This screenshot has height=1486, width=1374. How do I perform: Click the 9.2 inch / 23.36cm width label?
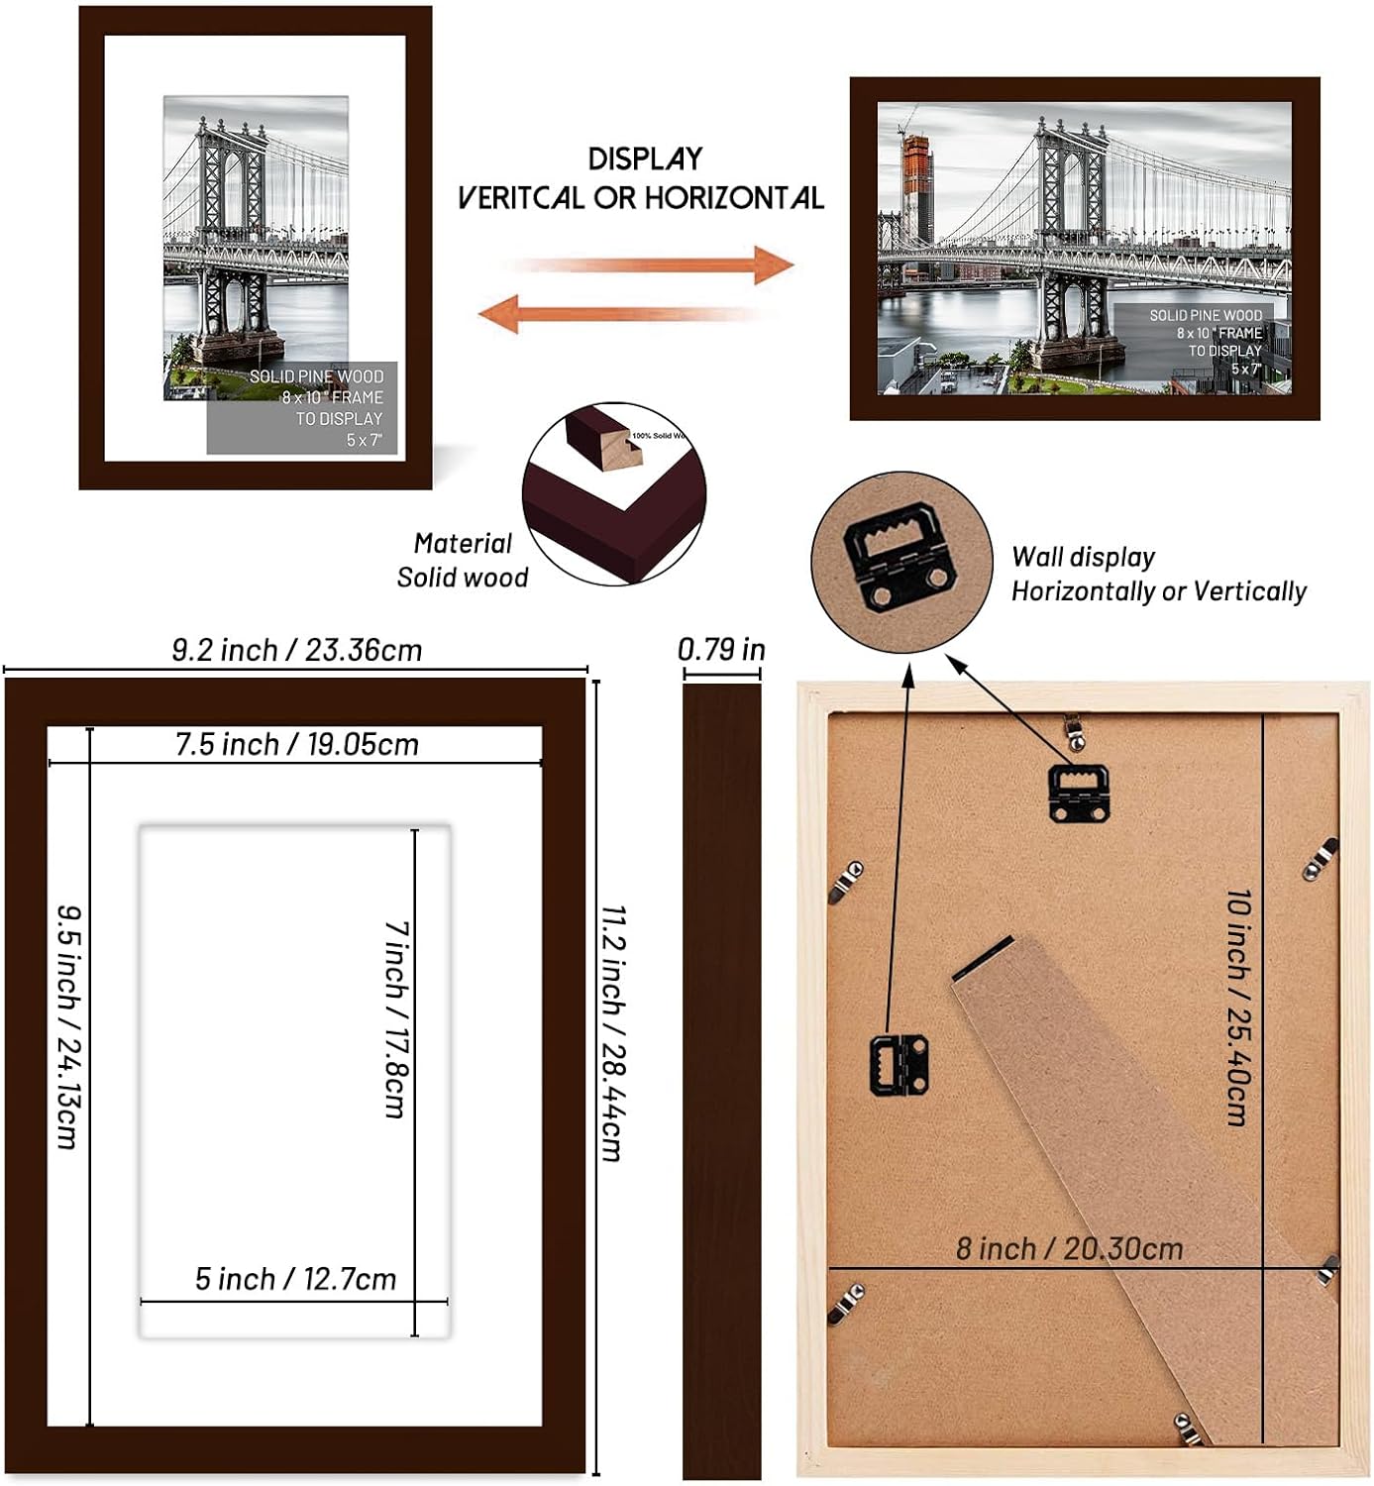point(296,650)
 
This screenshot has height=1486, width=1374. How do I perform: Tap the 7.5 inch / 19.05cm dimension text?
point(296,744)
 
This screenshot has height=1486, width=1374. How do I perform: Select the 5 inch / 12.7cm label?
point(295,1279)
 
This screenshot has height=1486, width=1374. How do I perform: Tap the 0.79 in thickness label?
point(721,650)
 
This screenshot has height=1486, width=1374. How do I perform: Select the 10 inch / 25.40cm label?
point(1238,1007)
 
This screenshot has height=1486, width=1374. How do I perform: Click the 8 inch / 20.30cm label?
point(1069,1248)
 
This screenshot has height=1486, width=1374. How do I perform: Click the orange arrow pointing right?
point(654,265)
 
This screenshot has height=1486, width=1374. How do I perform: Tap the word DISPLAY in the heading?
point(645,159)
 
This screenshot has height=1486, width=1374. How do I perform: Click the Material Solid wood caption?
point(463,561)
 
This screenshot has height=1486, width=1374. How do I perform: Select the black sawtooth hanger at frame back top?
point(1078,792)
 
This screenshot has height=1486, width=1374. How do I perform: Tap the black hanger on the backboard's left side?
point(899,1064)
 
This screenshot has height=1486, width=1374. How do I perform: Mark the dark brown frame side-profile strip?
point(721,1080)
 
